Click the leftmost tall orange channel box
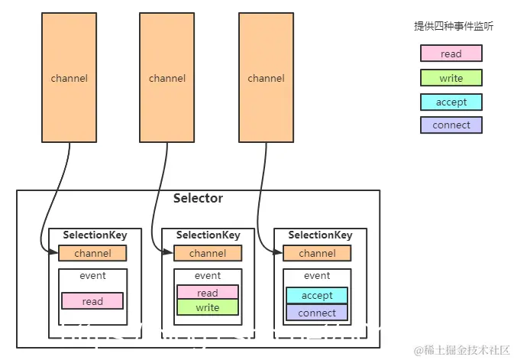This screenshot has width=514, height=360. click(x=69, y=78)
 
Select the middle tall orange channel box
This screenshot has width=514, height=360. click(x=166, y=78)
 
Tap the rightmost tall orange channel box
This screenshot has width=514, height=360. click(x=266, y=78)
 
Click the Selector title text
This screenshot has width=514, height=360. click(x=198, y=199)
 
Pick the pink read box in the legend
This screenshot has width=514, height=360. click(x=451, y=54)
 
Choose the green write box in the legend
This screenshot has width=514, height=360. click(x=451, y=78)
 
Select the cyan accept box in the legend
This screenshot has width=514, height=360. click(x=451, y=102)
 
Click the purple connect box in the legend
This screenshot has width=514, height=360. click(x=451, y=125)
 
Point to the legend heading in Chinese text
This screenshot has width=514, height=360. click(x=453, y=26)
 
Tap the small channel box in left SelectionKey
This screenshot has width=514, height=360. click(x=92, y=253)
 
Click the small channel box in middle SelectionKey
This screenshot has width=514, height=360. click(x=208, y=253)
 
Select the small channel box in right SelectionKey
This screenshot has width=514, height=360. click(x=317, y=253)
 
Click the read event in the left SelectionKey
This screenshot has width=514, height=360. click(x=92, y=301)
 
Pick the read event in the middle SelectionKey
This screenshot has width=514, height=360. click(x=208, y=293)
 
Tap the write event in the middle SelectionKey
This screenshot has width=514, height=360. click(x=208, y=307)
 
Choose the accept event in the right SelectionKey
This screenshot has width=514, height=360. click(x=317, y=295)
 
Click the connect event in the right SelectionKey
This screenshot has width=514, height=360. click(x=317, y=313)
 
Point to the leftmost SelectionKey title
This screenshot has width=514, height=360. click(x=95, y=235)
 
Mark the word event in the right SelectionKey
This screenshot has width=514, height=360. click(x=317, y=276)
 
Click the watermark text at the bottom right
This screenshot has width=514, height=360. click(x=462, y=349)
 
